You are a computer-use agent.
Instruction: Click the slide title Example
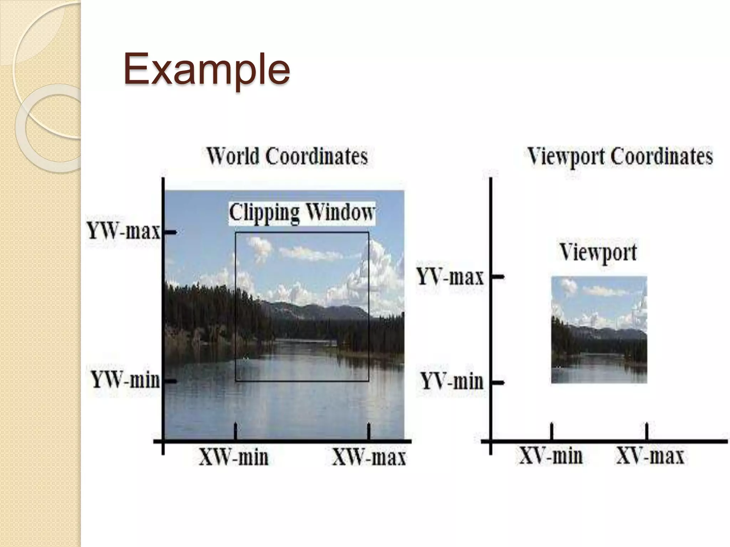pos(207,69)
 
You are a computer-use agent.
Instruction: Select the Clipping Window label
pos(302,213)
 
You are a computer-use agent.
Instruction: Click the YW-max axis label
pos(124,232)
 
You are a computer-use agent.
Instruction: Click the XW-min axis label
pos(233,457)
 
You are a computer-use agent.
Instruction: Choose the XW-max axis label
pos(369,457)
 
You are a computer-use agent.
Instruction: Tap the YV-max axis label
pos(451,277)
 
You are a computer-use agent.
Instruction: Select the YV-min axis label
pos(452,381)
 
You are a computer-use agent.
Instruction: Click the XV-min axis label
pos(551,456)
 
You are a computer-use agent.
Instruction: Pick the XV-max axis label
pos(650,456)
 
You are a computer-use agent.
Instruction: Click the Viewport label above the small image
pos(598,252)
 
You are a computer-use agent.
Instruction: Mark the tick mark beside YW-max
pos(170,233)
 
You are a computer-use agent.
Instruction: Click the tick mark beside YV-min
pos(498,382)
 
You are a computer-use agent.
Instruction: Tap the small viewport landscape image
pos(599,329)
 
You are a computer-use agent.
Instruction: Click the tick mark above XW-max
pos(369,431)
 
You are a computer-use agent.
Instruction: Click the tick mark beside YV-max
pos(498,276)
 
